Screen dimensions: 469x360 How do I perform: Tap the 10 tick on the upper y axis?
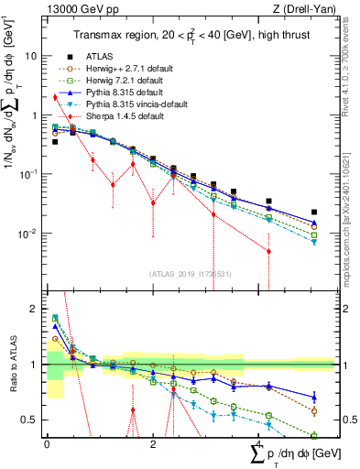33,55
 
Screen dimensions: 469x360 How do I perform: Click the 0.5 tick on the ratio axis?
32,420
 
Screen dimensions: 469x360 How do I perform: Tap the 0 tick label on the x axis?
47,443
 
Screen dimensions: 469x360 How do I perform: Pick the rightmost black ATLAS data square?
314,212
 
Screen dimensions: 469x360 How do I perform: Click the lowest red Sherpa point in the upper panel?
268,251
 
